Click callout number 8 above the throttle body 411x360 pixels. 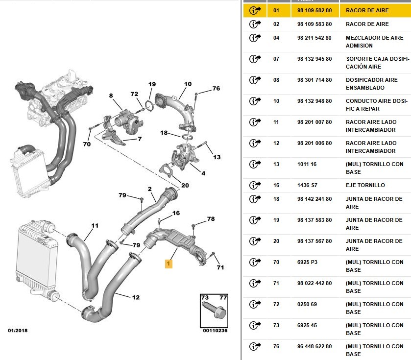[111, 96]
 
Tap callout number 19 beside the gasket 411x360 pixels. [152, 84]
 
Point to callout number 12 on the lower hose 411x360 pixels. [136, 297]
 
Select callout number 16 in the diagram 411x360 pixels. [176, 213]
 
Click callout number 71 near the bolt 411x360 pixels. [220, 267]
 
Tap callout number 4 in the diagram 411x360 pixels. [203, 173]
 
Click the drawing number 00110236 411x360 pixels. [215, 331]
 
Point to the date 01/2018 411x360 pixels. [18, 331]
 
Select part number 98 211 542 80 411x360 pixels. [314, 38]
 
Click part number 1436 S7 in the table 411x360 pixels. [307, 185]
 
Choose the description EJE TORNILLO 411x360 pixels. [365, 185]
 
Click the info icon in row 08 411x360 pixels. [255, 80]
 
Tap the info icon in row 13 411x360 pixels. [255, 164]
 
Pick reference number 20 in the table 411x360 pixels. [276, 241]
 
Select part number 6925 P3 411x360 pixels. [307, 262]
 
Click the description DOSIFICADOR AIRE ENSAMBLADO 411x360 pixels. [372, 84]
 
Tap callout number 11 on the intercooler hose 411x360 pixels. [95, 226]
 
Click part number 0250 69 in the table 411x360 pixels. [307, 304]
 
